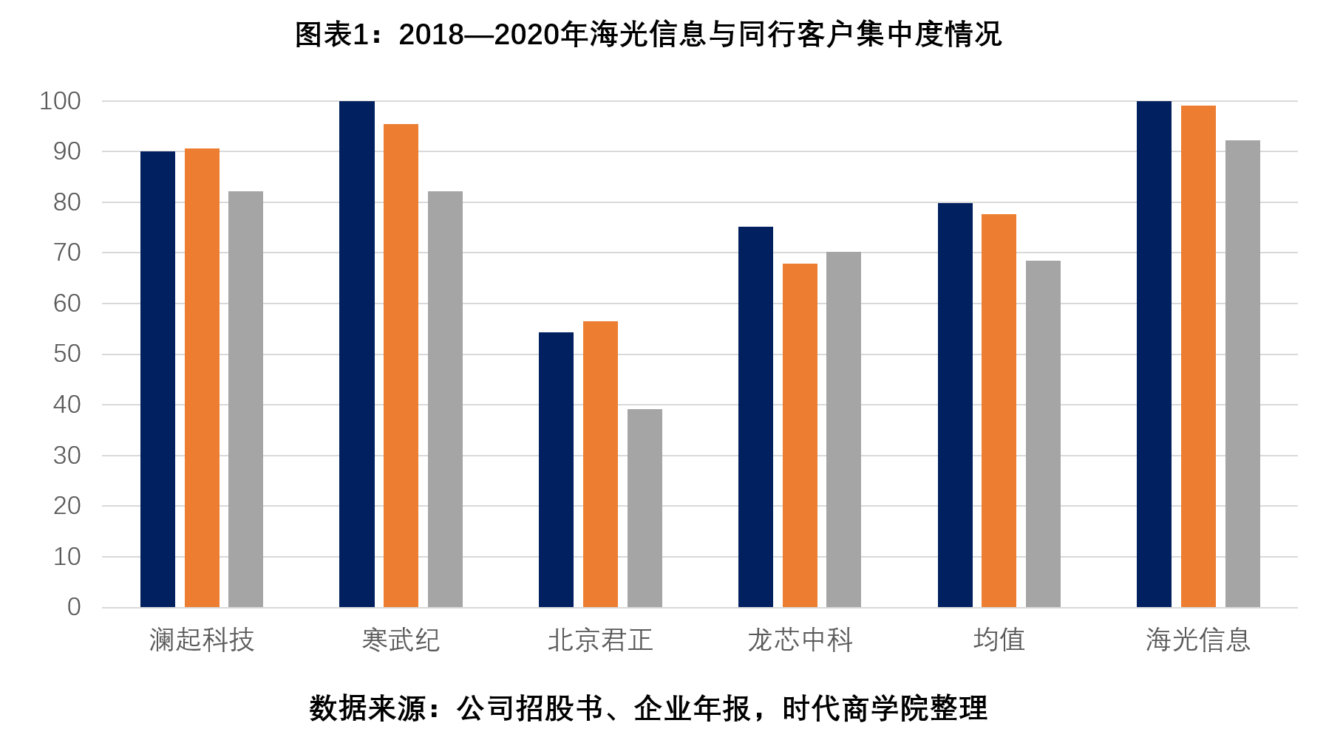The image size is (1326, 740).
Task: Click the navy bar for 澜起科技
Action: (x=157, y=380)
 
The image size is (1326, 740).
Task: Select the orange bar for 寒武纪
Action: (x=401, y=366)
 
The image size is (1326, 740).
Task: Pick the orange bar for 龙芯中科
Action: (x=800, y=436)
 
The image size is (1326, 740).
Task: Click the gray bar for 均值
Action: (x=1043, y=434)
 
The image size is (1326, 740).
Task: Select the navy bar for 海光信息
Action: (x=1154, y=354)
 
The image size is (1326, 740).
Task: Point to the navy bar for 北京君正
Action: (x=556, y=470)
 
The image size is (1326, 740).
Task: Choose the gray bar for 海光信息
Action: (x=1242, y=374)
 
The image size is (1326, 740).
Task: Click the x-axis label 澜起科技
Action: (x=202, y=640)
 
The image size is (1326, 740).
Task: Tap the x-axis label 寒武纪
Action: (x=401, y=640)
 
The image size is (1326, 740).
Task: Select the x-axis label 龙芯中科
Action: (x=800, y=640)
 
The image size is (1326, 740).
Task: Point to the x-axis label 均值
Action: (x=999, y=640)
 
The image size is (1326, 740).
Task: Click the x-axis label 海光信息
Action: (x=1198, y=640)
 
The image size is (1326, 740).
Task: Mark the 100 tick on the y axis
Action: (x=60, y=101)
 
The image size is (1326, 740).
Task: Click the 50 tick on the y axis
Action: (x=67, y=354)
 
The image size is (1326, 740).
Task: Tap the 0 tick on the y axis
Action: (x=74, y=607)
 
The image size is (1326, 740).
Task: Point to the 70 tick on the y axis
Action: (x=67, y=253)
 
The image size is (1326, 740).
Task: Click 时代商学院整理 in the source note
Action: (x=885, y=709)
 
